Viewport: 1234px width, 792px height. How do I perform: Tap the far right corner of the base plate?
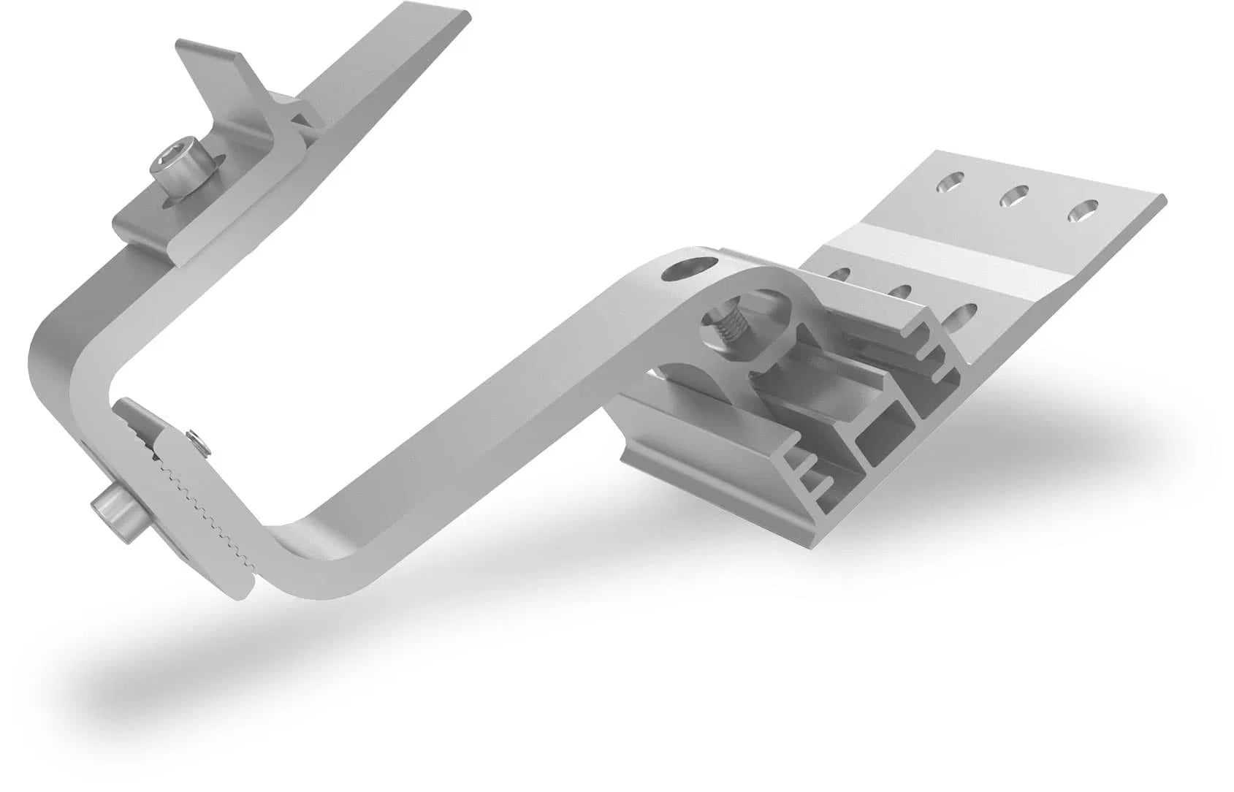click(x=1162, y=199)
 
